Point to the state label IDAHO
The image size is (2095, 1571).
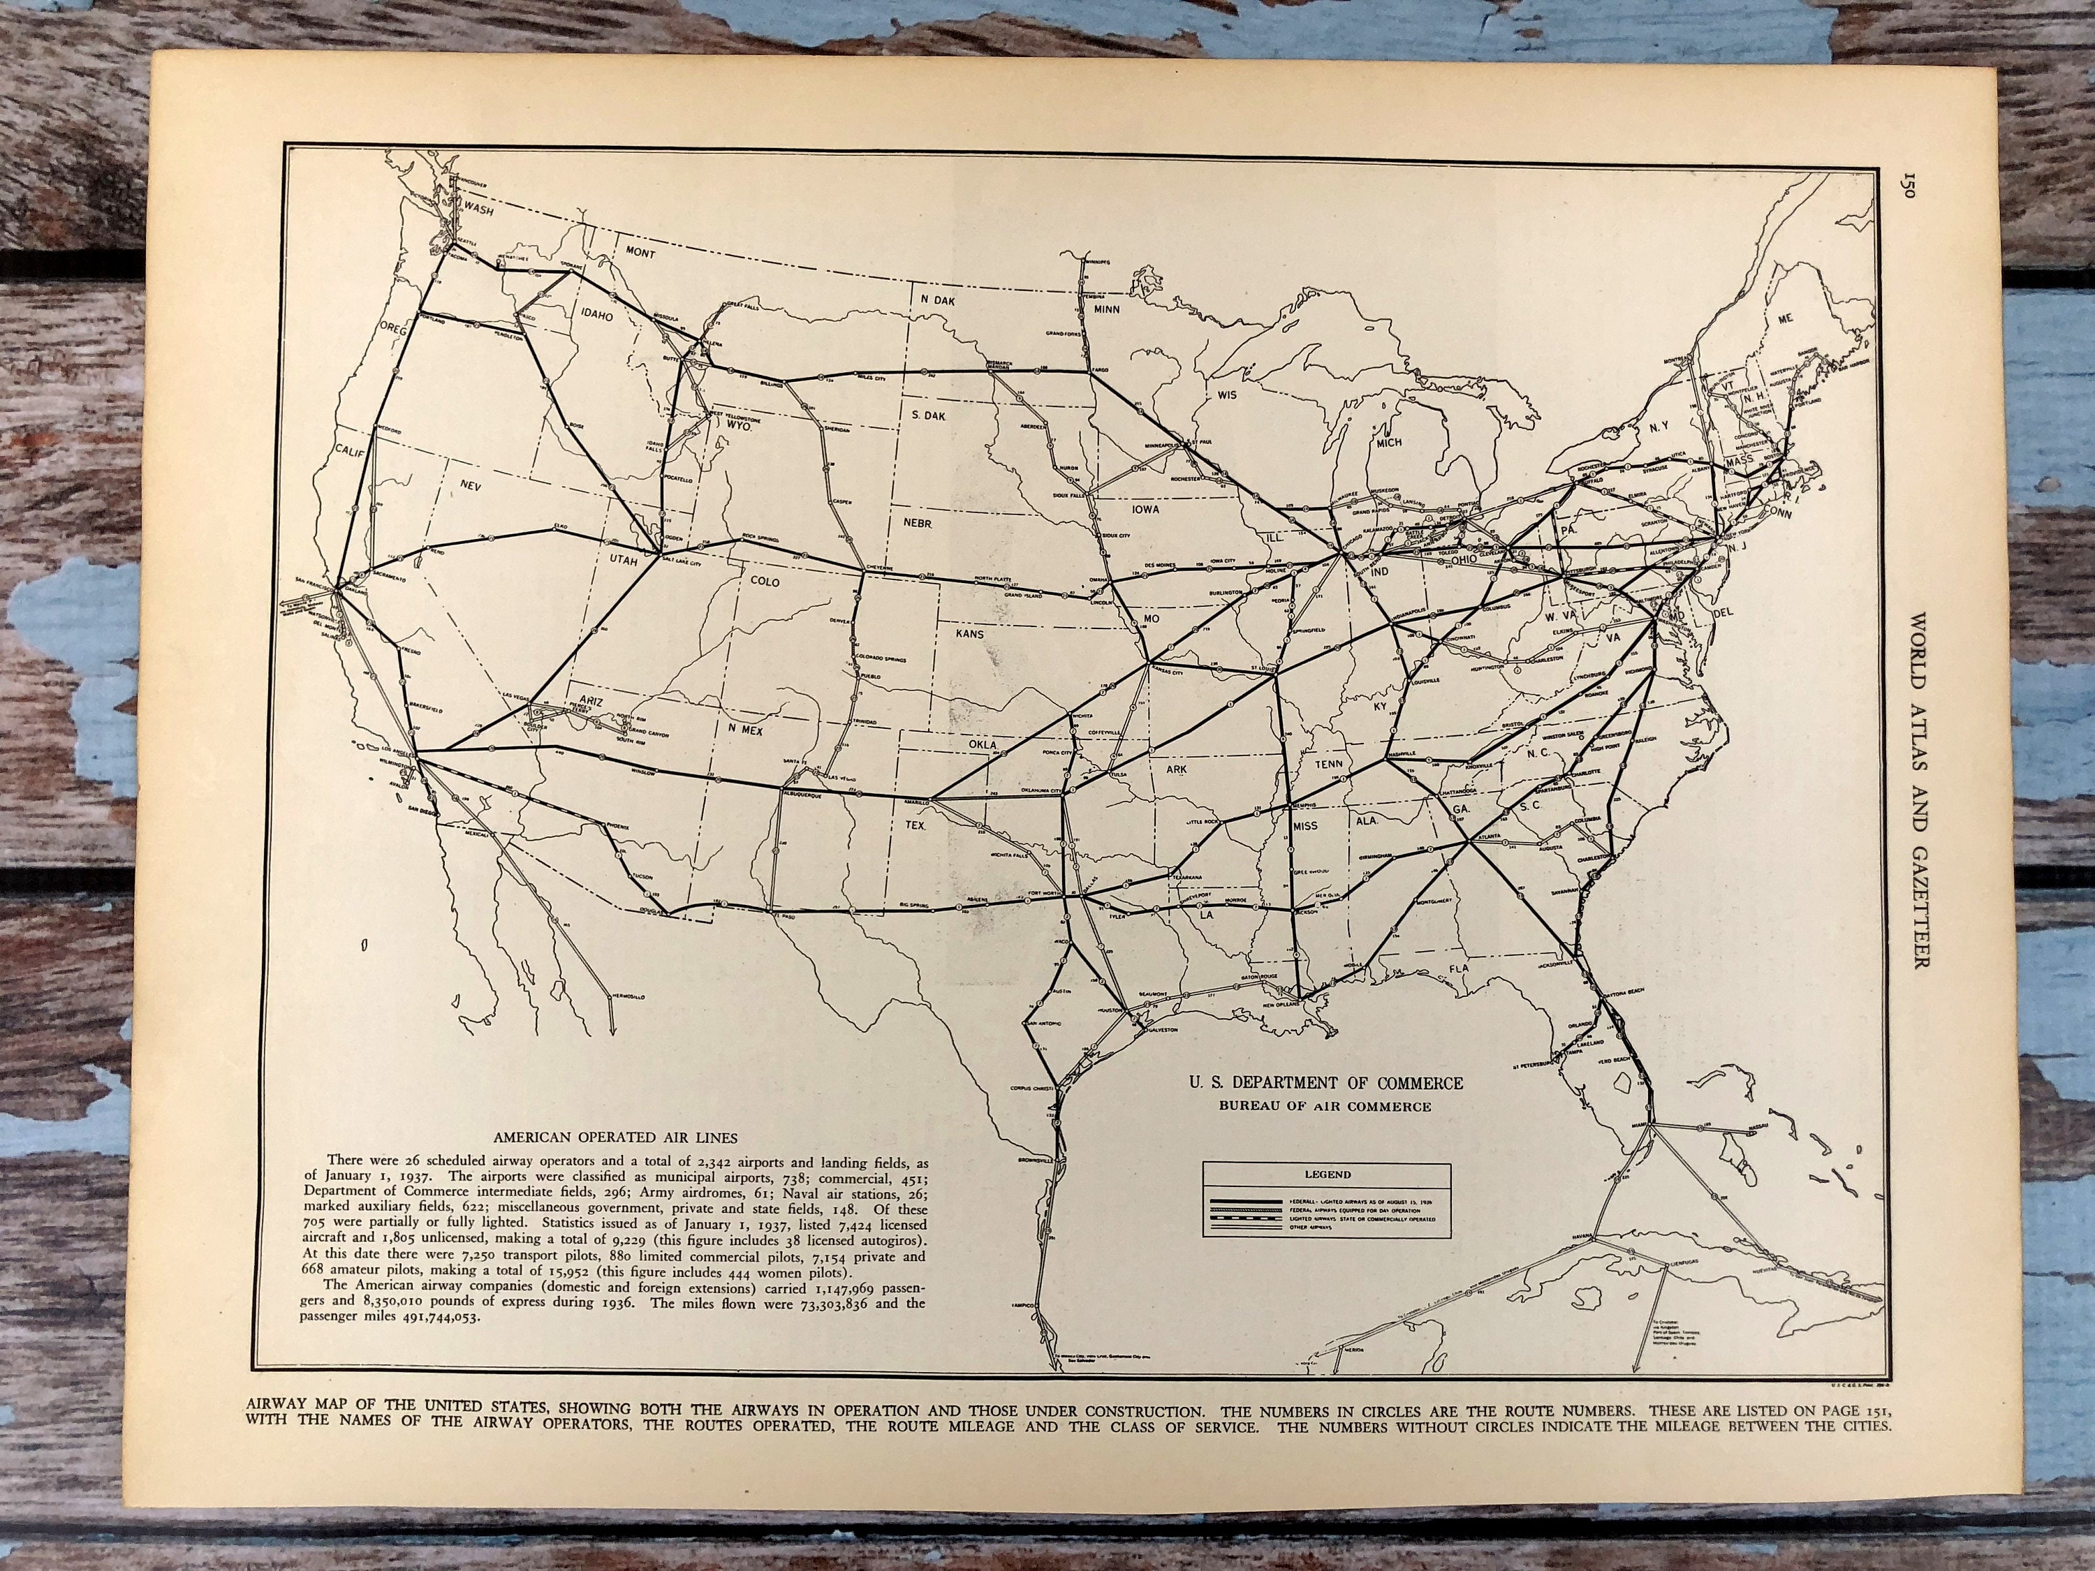[596, 316]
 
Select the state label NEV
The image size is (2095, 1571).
[471, 484]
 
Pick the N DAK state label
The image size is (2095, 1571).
[938, 300]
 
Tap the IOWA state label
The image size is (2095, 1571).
[1145, 508]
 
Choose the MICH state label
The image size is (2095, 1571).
[1388, 442]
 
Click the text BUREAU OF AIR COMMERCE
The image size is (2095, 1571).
[1326, 1105]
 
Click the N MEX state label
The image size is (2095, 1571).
[745, 730]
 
